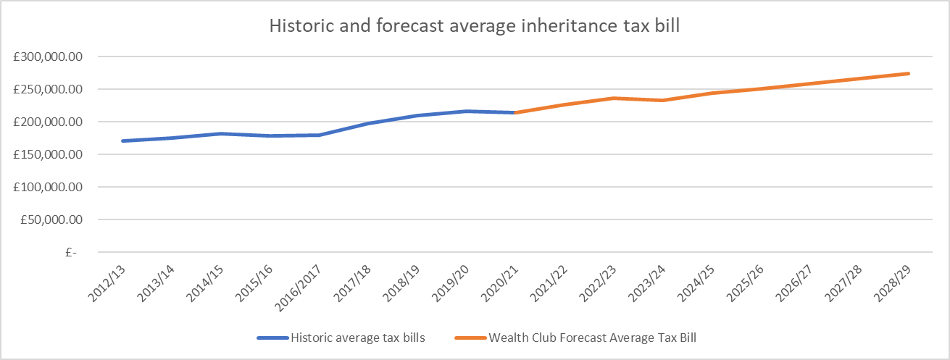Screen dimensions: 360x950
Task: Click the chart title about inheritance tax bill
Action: [474, 25]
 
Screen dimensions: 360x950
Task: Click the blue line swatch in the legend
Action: [272, 338]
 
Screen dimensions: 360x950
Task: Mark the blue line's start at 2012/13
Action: [123, 141]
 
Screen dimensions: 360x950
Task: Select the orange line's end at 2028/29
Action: [908, 73]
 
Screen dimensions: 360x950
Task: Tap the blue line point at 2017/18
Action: [368, 124]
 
